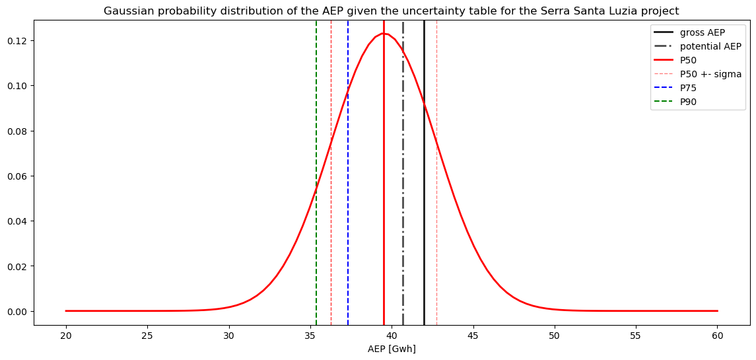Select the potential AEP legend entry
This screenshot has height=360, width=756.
710,46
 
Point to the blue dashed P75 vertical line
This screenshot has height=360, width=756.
348,198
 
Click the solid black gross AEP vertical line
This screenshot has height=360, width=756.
424,198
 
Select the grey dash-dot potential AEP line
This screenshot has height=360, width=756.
403,198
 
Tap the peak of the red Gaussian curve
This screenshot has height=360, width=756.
383,34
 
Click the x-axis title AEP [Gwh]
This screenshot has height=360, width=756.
392,349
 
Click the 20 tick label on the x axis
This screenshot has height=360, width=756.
66,335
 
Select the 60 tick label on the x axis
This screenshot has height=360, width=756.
717,335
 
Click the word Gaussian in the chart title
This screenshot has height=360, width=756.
125,11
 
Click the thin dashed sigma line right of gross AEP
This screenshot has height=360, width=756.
436,198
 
